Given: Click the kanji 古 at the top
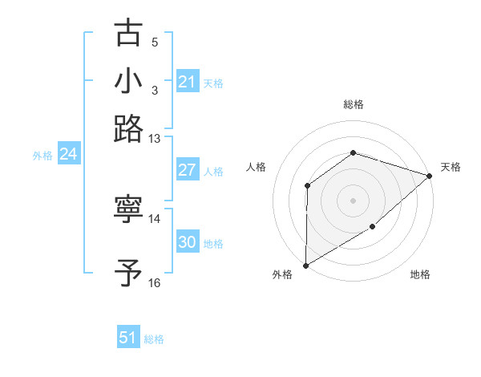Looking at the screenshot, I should tap(128, 34).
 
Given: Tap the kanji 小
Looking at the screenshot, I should tap(128, 81).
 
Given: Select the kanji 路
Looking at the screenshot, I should tap(128, 128).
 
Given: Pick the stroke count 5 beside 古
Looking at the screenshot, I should tap(155, 42).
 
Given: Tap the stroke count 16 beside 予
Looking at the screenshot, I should tap(155, 282).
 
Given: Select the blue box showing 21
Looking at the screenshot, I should tap(187, 82).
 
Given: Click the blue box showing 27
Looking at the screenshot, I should tap(187, 170).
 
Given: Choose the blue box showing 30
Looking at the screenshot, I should tap(187, 242).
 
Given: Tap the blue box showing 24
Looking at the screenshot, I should tap(68, 154).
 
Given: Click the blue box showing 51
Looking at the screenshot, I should tap(128, 338).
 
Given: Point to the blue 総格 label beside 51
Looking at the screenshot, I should tap(154, 339).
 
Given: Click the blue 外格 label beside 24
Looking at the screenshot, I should tap(42, 156).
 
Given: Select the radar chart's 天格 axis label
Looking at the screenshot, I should tap(451, 167).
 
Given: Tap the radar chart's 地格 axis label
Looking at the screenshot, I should tap(420, 275).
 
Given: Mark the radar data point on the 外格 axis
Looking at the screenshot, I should tap(305, 265).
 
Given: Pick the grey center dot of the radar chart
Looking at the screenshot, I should tap(353, 200).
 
